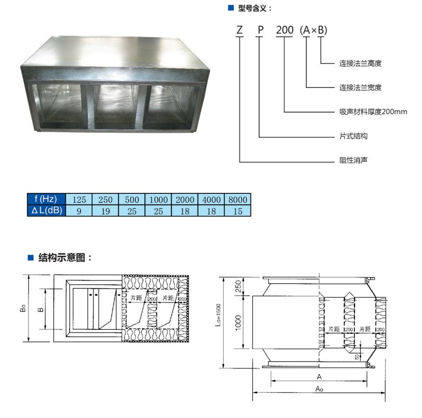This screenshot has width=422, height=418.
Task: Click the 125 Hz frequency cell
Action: [79, 199]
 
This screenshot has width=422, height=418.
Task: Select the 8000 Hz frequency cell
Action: [238, 199]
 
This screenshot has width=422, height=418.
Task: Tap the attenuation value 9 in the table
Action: [79, 211]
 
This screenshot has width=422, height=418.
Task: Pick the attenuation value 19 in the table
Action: [105, 211]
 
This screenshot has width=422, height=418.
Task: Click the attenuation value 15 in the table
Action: [238, 211]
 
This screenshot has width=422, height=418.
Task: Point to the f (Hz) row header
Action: [46, 199]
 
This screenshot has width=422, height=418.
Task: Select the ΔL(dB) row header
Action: [46, 211]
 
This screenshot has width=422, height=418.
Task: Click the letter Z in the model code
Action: [239, 30]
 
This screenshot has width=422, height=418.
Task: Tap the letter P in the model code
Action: [260, 30]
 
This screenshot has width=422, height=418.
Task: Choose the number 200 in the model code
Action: [284, 30]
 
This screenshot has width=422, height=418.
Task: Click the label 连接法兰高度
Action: [360, 63]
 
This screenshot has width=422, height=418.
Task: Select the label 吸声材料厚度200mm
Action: [373, 112]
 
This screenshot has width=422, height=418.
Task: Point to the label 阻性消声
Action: [353, 160]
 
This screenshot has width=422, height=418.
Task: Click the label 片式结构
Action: [353, 136]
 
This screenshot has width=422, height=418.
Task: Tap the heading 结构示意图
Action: [62, 257]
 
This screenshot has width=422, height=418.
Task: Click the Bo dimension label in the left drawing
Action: [23, 308]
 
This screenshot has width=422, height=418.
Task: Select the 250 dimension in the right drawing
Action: [238, 286]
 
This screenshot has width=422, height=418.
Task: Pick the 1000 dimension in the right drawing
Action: [238, 323]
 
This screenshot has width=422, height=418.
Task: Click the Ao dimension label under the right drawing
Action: [319, 388]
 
